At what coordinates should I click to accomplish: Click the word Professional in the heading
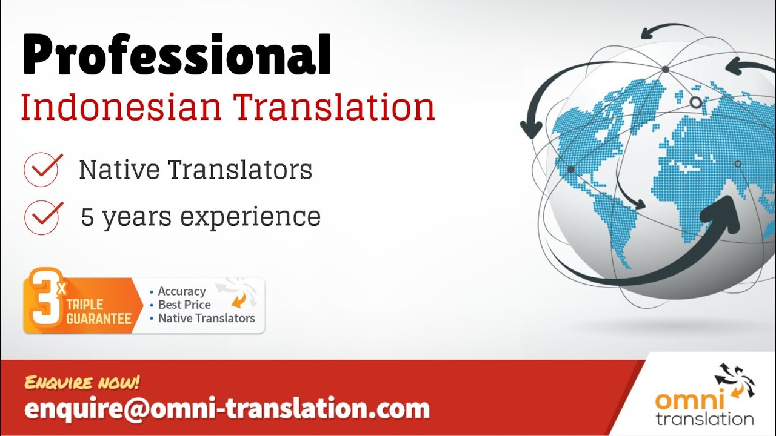pyautogui.click(x=176, y=56)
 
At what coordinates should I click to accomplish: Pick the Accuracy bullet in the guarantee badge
pyautogui.click(x=181, y=291)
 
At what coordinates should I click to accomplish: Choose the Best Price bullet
pyautogui.click(x=184, y=305)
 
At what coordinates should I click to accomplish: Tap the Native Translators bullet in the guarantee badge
pyautogui.click(x=206, y=318)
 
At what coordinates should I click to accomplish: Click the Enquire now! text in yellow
pyautogui.click(x=82, y=383)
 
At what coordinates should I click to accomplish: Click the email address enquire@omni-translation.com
pyautogui.click(x=227, y=409)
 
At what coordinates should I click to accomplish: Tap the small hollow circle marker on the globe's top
pyautogui.click(x=696, y=103)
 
